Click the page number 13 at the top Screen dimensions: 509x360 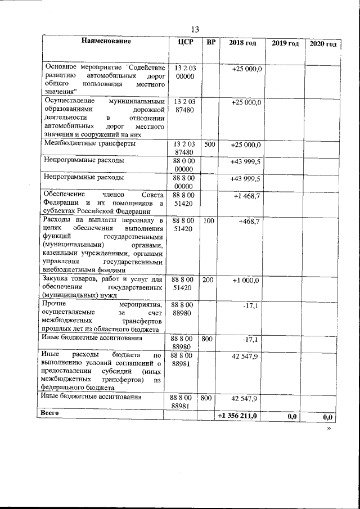(195, 29)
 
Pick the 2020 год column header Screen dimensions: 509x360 (323, 44)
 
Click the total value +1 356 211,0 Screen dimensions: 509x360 (238, 416)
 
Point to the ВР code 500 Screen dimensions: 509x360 (210, 145)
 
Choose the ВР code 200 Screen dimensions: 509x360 (208, 280)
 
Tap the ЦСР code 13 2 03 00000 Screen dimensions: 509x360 (184, 72)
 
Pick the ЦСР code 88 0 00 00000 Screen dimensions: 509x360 (184, 165)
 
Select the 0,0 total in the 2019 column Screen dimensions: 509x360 (291, 417)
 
